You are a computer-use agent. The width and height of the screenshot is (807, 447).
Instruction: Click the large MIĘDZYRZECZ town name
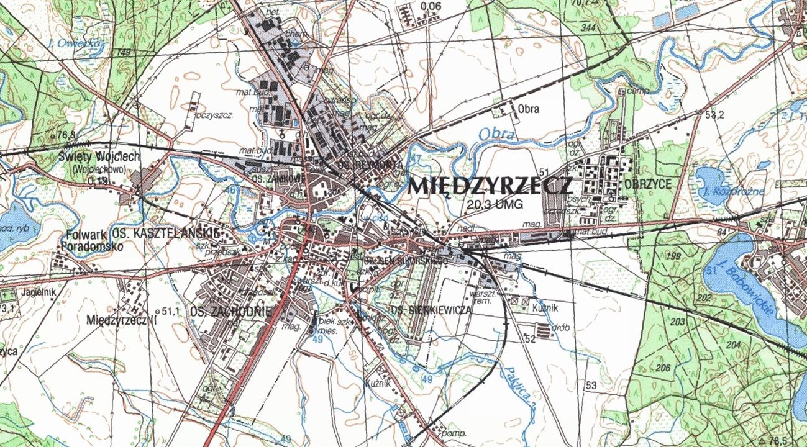click(490, 186)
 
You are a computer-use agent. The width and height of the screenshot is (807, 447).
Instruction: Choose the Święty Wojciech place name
click(99, 156)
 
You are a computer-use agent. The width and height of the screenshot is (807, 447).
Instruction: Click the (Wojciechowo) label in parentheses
click(99, 168)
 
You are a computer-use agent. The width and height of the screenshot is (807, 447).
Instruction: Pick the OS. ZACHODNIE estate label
click(230, 311)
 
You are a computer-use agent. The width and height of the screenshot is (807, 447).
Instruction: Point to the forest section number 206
click(663, 368)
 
